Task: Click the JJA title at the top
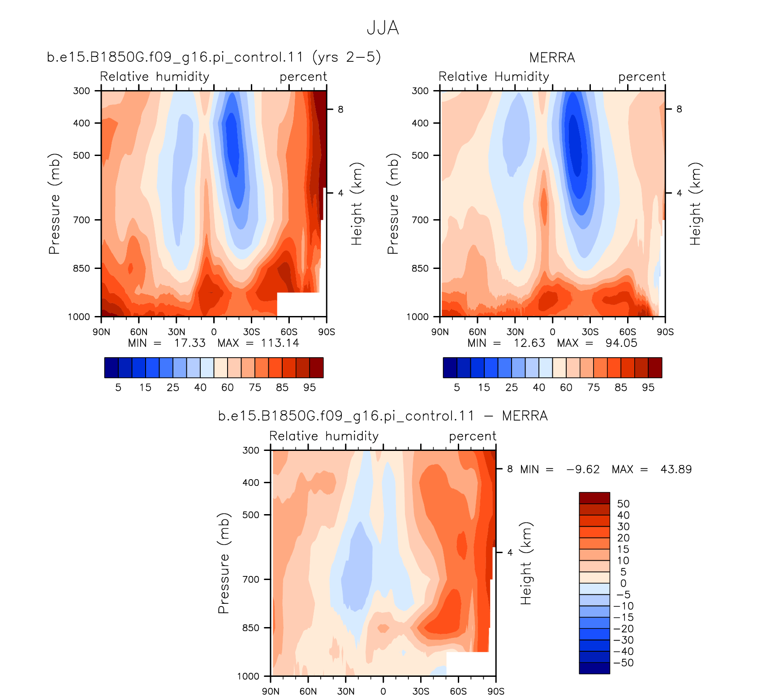(x=383, y=28)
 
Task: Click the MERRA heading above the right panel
(x=552, y=58)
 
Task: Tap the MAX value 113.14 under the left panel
(x=280, y=343)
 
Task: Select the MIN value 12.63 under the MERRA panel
(x=529, y=343)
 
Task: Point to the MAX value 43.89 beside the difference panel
(x=676, y=469)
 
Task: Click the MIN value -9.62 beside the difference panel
(x=583, y=469)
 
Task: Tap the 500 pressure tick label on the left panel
(x=82, y=156)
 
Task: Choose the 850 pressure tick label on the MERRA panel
(x=420, y=268)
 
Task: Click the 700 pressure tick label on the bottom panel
(x=251, y=580)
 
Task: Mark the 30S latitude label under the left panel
(x=252, y=332)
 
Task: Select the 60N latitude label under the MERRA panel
(x=478, y=332)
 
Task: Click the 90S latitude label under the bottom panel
(x=496, y=692)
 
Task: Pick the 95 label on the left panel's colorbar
(x=310, y=388)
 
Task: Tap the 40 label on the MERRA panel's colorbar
(x=539, y=388)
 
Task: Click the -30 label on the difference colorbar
(x=623, y=640)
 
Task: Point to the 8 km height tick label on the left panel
(x=340, y=109)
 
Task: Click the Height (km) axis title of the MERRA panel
(x=695, y=204)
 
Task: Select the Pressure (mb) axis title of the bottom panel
(x=224, y=563)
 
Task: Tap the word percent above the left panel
(x=303, y=77)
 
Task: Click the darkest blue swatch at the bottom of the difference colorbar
(x=594, y=668)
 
